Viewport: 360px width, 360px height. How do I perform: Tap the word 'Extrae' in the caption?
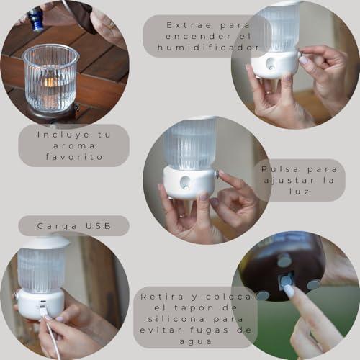pyautogui.click(x=189, y=25)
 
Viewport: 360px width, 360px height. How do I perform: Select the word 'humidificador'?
pyautogui.click(x=208, y=48)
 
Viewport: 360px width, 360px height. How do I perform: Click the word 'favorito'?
pyautogui.click(x=74, y=157)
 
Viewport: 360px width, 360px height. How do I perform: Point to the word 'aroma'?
pyautogui.click(x=74, y=146)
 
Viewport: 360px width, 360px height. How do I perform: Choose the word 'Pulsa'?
pyautogui.click(x=280, y=169)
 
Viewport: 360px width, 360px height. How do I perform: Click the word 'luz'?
pyautogui.click(x=299, y=192)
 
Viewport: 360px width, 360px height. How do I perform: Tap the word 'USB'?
pyautogui.click(x=99, y=226)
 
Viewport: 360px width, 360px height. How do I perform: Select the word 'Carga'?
pyautogui.click(x=57, y=226)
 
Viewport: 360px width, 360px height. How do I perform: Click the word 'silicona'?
pyautogui.click(x=176, y=319)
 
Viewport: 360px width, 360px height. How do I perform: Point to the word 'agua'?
pyautogui.click(x=196, y=342)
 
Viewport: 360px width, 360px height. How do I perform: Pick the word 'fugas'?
pyautogui.click(x=209, y=330)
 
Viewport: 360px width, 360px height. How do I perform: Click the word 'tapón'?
pyautogui.click(x=194, y=308)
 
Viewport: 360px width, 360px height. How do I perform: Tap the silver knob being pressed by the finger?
pyautogui.click(x=217, y=174)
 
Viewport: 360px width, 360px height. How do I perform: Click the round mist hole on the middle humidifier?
pyautogui.click(x=185, y=181)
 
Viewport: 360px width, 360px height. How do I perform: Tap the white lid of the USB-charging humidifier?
pyautogui.click(x=45, y=243)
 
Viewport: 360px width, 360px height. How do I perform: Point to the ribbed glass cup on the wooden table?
pyautogui.click(x=51, y=78)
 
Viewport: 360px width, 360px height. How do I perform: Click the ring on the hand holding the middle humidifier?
pyautogui.click(x=182, y=216)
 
